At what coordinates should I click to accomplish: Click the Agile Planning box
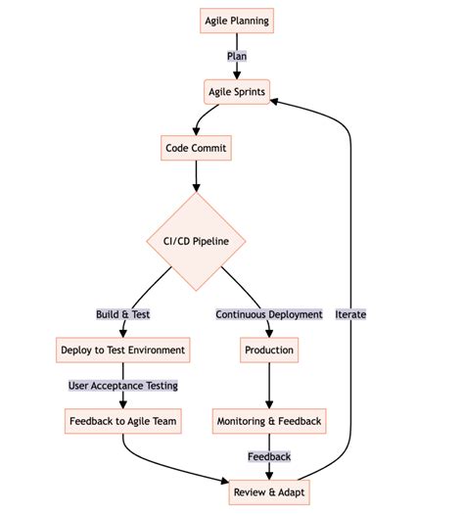coord(236,21)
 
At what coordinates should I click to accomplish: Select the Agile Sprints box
coord(236,93)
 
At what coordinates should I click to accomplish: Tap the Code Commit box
coord(196,149)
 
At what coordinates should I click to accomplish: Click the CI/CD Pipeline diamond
coord(196,241)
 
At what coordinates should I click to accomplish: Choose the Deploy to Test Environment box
coord(122,350)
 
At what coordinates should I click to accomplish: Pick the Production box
coord(268,350)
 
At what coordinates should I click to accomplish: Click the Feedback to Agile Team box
coord(122,422)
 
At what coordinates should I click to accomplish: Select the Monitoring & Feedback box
coord(268,422)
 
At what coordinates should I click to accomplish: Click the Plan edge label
coord(237,57)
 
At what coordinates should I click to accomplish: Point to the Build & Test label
coord(122,314)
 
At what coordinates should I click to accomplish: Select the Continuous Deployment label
coord(268,314)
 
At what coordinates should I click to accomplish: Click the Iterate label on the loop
coord(350,314)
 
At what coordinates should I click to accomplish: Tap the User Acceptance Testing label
coord(122,386)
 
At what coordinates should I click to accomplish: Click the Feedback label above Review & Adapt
coord(268,456)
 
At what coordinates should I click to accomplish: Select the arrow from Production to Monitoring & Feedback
coord(268,387)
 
